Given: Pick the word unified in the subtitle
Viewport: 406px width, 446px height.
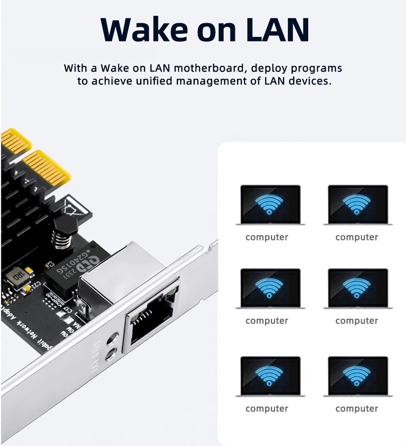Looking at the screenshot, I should (163, 81).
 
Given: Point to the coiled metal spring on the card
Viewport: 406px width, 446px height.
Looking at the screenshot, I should (61, 240).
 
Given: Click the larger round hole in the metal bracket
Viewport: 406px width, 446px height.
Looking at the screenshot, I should (112, 340).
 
